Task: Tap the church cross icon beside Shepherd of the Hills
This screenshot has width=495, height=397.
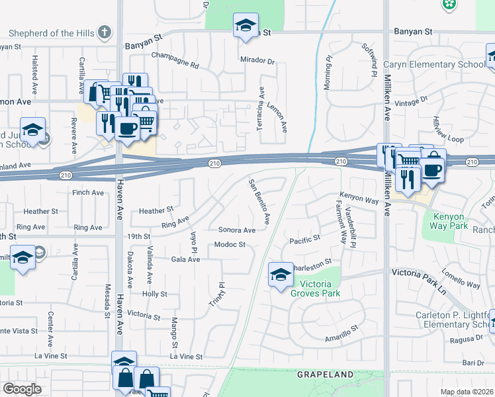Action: click(104, 32)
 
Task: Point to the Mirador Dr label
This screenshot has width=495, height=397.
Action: click(257, 61)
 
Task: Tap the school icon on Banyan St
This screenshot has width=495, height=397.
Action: click(246, 26)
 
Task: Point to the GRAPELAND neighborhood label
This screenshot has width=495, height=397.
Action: click(326, 375)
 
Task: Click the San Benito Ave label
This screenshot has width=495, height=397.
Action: click(260, 201)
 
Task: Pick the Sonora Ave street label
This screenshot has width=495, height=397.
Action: click(237, 230)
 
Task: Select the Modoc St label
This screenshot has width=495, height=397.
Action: click(230, 245)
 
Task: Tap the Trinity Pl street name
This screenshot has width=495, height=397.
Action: click(222, 294)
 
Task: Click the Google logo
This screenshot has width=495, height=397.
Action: click(22, 389)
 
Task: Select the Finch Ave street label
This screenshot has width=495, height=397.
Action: click(88, 193)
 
